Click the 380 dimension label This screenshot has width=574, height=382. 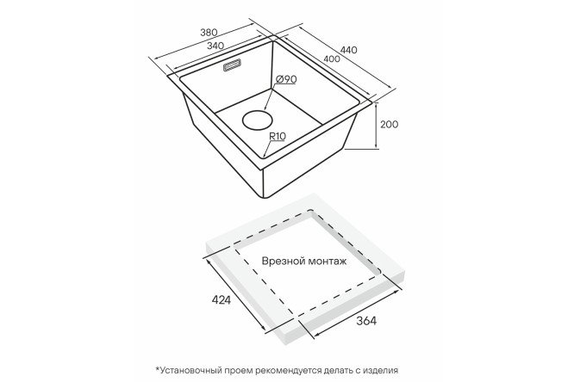click(x=209, y=32)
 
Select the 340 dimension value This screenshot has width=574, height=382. click(x=215, y=46)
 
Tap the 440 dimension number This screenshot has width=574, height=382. click(x=348, y=50)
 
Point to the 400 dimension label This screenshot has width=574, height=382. click(x=332, y=59)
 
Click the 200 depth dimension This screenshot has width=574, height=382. click(x=390, y=124)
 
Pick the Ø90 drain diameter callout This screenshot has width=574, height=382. click(x=286, y=79)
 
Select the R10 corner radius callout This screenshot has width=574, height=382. click(x=278, y=136)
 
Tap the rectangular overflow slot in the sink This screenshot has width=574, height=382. click(x=232, y=65)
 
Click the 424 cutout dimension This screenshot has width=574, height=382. click(x=221, y=300)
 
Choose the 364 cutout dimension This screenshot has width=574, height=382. click(x=366, y=321)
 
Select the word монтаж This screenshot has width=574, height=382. click(x=328, y=261)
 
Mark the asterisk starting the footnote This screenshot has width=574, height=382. click(x=158, y=368)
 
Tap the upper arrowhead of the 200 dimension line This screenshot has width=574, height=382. click(x=377, y=105)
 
